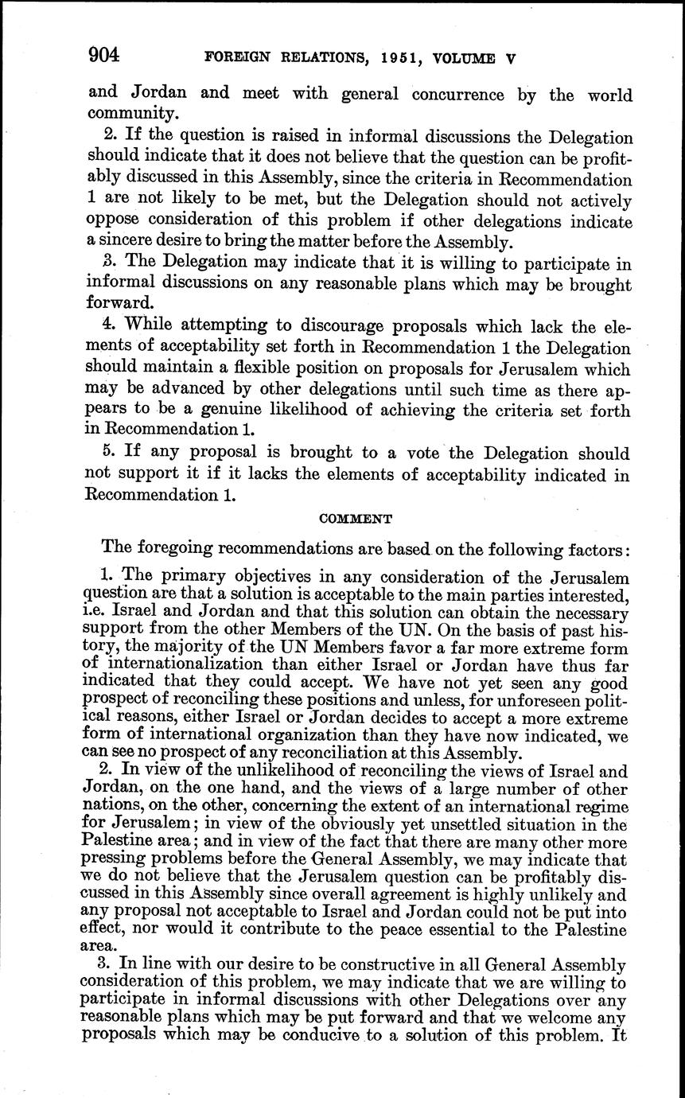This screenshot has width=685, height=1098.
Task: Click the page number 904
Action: point(103,55)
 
